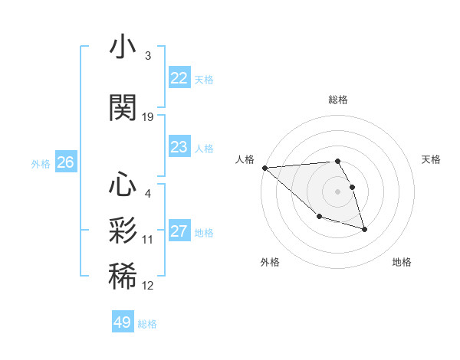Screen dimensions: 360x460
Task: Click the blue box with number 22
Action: [179, 78]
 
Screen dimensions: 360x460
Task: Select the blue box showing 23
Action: [179, 147]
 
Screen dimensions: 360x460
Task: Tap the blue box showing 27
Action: [179, 231]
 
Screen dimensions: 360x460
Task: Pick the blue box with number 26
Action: [66, 162]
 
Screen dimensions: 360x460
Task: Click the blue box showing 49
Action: [123, 322]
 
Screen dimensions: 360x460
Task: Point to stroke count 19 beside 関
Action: [148, 117]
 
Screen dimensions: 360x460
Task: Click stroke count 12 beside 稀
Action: [148, 286]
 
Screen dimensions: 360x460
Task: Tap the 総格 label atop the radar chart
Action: [337, 100]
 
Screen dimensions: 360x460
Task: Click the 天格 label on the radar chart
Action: [432, 159]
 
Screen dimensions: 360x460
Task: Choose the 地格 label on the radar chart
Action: [402, 262]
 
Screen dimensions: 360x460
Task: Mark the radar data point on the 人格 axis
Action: [264, 168]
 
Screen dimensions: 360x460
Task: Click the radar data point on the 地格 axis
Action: [364, 229]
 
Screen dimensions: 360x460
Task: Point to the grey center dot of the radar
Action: [337, 191]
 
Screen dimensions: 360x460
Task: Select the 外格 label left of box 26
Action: [41, 163]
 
